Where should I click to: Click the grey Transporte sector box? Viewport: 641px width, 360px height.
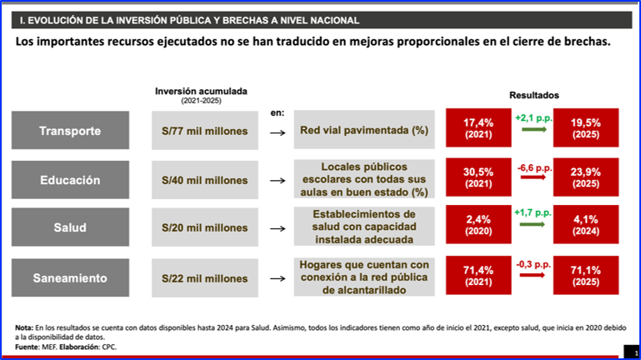70,130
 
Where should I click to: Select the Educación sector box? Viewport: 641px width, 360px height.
70,180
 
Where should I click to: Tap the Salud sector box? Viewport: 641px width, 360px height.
70,227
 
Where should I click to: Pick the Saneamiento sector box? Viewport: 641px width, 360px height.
70,277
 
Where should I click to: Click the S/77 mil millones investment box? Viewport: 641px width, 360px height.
205,131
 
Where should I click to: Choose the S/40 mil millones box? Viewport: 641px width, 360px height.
205,180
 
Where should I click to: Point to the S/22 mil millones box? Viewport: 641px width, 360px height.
205,278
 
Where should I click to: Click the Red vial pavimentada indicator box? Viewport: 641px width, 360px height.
364,129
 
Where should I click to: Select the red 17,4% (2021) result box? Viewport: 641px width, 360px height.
478,127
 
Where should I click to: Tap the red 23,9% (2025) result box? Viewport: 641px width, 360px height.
586,177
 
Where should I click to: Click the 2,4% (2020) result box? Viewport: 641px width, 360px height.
478,225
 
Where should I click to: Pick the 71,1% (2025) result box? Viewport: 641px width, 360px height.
586,275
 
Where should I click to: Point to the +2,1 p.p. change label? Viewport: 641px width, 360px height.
534,118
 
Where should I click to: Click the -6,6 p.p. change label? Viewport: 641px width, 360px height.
534,168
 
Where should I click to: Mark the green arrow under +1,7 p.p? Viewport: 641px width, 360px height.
533,224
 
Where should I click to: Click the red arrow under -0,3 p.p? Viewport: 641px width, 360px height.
533,275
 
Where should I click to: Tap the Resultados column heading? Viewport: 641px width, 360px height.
534,95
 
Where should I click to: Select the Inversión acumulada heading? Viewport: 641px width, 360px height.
201,91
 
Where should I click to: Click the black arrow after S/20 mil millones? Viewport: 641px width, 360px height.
278,229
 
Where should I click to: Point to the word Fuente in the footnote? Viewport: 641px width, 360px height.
24,347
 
